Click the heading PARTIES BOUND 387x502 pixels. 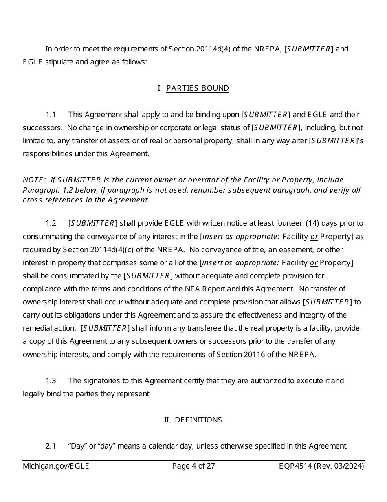(x=198, y=88)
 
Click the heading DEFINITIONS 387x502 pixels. (x=198, y=420)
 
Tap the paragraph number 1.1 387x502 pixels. (x=51, y=115)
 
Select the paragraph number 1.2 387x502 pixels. (x=51, y=223)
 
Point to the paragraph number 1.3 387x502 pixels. (x=51, y=381)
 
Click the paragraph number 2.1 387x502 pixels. (x=51, y=446)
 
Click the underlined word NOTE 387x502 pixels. (x=33, y=180)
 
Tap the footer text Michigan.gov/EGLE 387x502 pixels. (x=56, y=466)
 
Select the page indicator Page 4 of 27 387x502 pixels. (x=193, y=466)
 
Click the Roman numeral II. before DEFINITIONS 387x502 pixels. (x=167, y=420)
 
